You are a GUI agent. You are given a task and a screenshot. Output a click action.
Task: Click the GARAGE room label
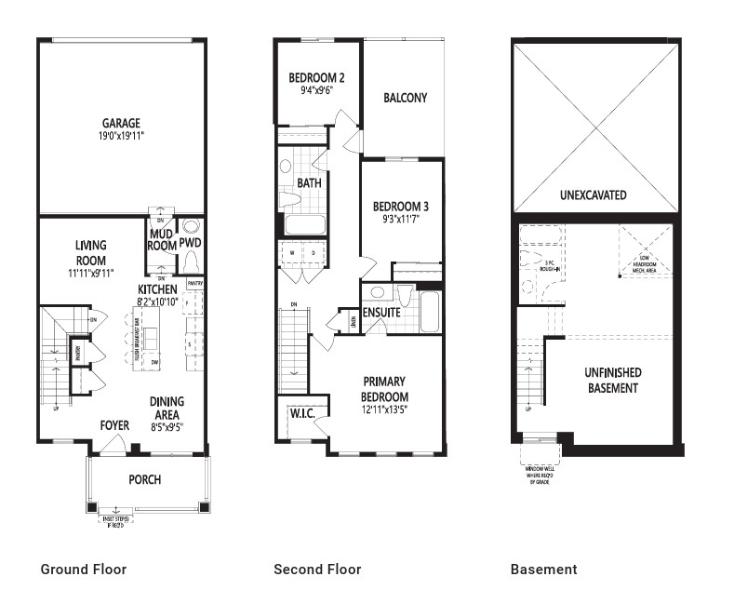121,123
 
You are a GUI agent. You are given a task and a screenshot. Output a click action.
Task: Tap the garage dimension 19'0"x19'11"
121,136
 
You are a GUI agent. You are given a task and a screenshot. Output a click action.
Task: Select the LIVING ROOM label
90,253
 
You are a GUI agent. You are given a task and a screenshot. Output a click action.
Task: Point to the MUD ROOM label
162,240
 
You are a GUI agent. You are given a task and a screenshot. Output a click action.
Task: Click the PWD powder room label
191,243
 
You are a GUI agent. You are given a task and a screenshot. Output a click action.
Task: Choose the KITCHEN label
158,289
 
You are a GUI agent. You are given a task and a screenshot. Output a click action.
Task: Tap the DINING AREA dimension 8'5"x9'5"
167,427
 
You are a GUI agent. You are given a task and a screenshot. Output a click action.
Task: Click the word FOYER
114,426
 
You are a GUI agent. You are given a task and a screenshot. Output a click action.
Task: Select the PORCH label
144,479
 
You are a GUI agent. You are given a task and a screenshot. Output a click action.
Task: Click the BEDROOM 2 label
316,78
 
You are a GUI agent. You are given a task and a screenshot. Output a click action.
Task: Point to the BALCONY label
405,98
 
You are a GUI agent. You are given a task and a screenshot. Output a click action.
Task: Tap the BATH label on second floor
309,183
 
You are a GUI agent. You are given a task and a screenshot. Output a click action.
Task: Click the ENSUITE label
381,313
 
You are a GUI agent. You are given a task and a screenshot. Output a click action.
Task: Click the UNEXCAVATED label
593,195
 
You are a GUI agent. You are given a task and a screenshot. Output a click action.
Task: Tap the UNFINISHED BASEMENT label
612,380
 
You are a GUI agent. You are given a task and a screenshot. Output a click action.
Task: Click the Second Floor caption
317,569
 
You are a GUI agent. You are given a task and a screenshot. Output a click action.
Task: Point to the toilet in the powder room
192,226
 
